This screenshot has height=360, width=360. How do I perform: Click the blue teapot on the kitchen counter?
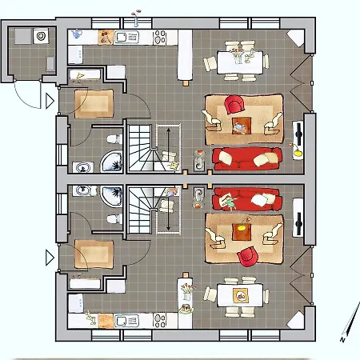coord(76,34)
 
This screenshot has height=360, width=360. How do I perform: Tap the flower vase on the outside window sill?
coord(136,18)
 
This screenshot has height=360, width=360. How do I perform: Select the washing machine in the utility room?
coord(41,36)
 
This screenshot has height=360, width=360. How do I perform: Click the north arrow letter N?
coord(342,339)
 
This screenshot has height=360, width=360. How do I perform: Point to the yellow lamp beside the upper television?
coord(297,150)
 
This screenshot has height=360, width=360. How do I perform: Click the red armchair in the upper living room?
coord(234,105)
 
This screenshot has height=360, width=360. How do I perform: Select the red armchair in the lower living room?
coord(248,256)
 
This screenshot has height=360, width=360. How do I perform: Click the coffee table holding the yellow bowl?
coord(242,231)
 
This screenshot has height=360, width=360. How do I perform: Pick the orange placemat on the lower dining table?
coord(241,296)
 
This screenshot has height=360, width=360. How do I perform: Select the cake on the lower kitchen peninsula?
coord(186,309)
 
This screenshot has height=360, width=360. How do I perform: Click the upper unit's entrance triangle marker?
coord(50,101)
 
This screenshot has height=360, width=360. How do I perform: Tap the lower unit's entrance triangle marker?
coord(50,258)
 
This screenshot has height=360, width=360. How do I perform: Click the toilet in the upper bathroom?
coord(114,139)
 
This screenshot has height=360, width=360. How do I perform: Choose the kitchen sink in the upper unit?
coord(126,37)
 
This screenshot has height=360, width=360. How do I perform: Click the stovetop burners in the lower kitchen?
coord(160,320)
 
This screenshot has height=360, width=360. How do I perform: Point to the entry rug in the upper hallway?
coord(94,104)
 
